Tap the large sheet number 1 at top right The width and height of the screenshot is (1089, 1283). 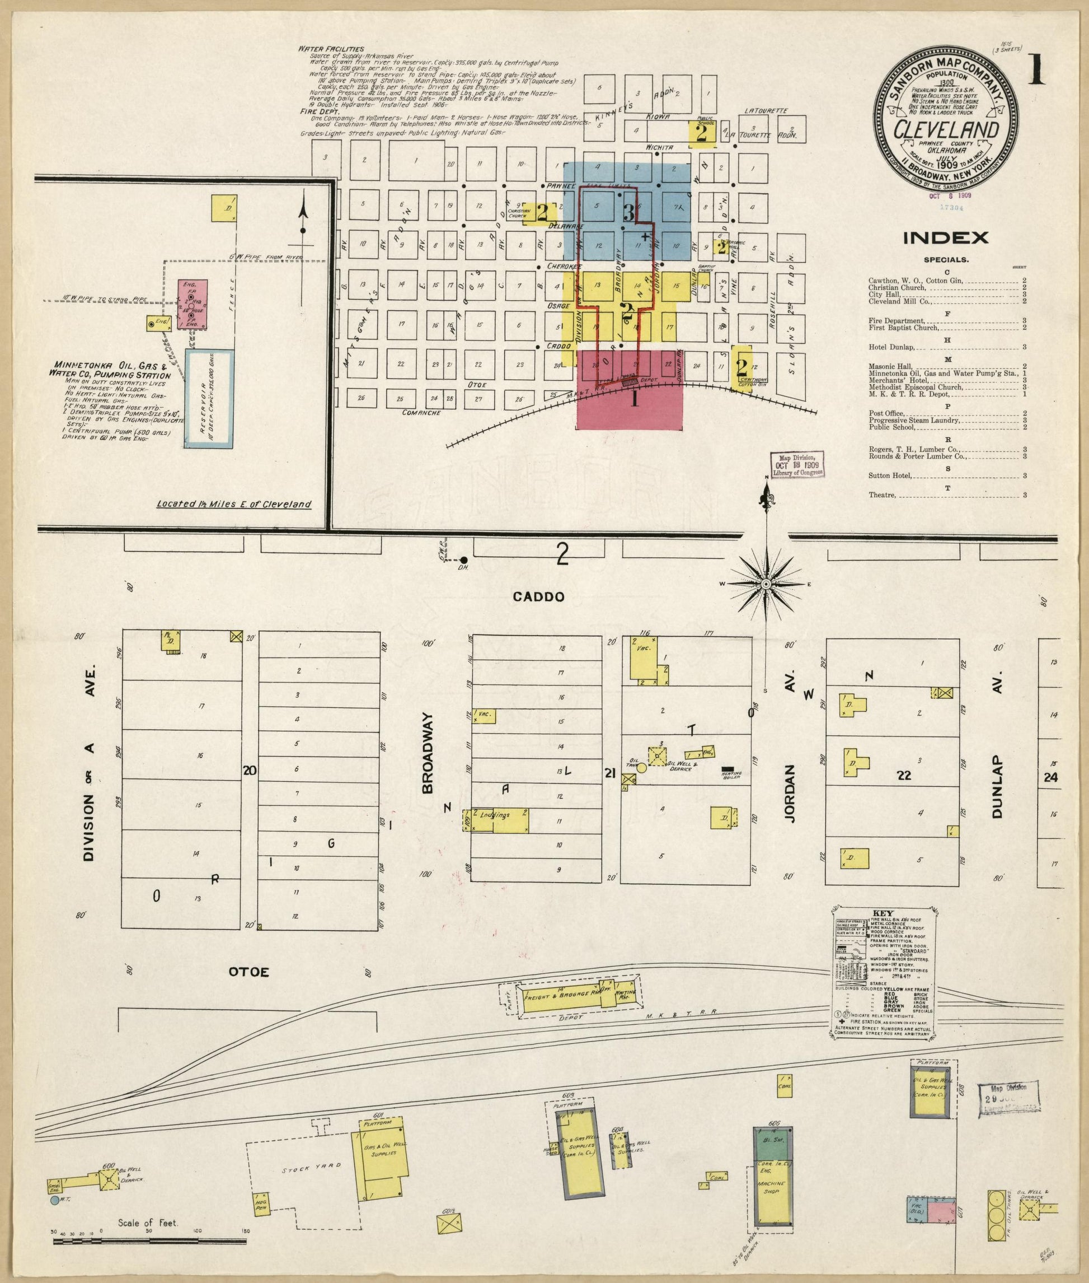pos(1035,70)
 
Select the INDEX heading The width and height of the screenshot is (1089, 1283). pos(946,238)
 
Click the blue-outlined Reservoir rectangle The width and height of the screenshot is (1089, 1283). pos(209,398)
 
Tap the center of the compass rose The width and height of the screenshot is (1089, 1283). pos(766,584)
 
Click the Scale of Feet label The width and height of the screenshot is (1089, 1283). pos(148,1222)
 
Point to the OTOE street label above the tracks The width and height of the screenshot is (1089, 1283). pos(249,972)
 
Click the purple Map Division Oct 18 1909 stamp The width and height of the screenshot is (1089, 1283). pos(797,463)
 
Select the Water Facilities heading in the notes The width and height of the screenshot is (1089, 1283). pos(331,49)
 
